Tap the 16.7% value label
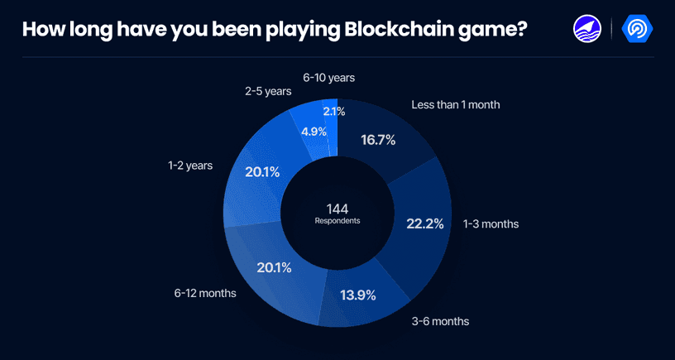[378, 140]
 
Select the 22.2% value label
[425, 223]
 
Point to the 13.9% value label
[358, 295]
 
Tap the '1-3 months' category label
[491, 223]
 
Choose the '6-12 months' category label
[205, 293]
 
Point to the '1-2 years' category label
[190, 166]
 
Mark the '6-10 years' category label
[328, 78]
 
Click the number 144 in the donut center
[337, 208]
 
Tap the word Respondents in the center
[337, 221]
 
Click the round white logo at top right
[586, 29]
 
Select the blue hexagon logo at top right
[638, 29]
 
